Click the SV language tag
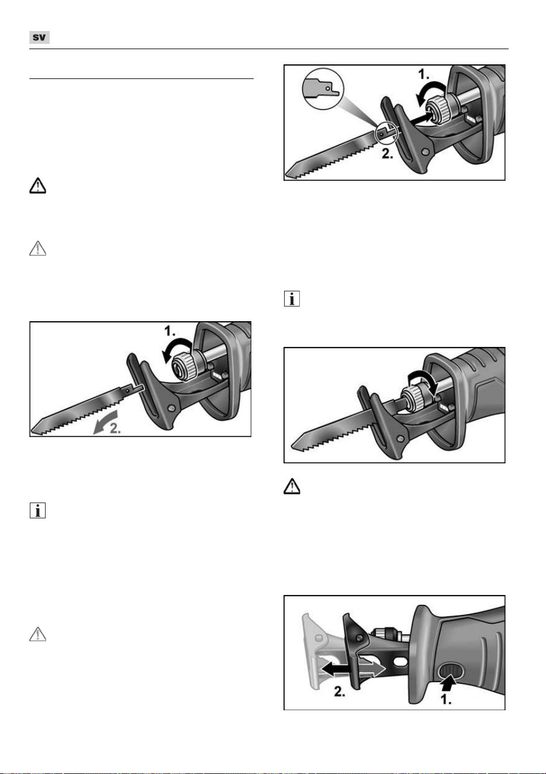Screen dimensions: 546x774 39,37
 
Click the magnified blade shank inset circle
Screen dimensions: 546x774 323,89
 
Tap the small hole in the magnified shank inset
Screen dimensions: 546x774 328,88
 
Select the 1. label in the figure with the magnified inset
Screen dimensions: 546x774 424,74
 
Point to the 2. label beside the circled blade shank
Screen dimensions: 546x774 388,153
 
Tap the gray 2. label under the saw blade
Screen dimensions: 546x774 115,428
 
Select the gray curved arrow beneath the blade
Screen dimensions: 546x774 105,422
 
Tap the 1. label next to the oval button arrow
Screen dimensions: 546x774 446,699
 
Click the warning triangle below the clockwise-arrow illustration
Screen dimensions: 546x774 292,486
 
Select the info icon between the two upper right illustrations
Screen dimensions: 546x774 292,298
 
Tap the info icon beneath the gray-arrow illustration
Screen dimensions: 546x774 37,511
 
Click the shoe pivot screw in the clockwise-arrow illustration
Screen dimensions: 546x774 401,439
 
